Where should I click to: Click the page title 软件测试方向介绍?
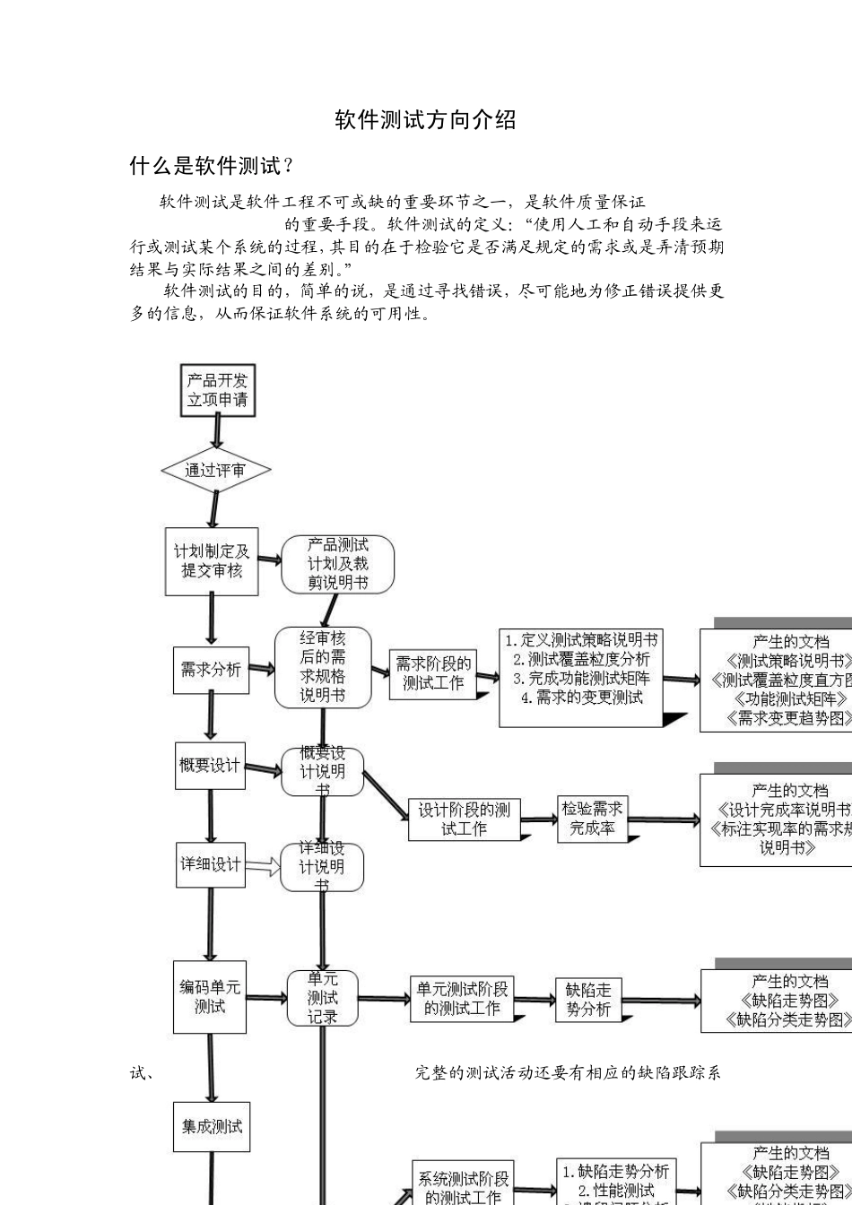pyautogui.click(x=425, y=120)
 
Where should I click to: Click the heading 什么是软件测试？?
pyautogui.click(x=212, y=166)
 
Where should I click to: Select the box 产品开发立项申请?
pyautogui.click(x=217, y=390)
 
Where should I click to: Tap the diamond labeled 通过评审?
pyautogui.click(x=215, y=470)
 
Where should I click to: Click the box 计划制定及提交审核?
pyautogui.click(x=212, y=561)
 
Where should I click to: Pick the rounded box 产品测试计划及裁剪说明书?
pyautogui.click(x=337, y=564)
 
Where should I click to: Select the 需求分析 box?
pyautogui.click(x=211, y=670)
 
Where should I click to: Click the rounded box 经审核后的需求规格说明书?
pyautogui.click(x=323, y=667)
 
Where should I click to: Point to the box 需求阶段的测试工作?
pyautogui.click(x=433, y=673)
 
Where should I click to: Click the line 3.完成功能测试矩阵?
pyautogui.click(x=581, y=679)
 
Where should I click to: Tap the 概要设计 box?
pyautogui.click(x=210, y=765)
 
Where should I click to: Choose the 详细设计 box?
pyautogui.click(x=211, y=864)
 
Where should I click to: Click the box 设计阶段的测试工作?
pyautogui.click(x=464, y=819)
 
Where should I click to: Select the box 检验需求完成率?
pyautogui.click(x=592, y=819)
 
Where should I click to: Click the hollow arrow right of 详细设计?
pyautogui.click(x=263, y=866)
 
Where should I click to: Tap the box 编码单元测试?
pyautogui.click(x=210, y=997)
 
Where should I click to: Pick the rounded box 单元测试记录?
pyautogui.click(x=323, y=998)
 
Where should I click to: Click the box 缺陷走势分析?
pyautogui.click(x=588, y=1000)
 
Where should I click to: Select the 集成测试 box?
pyautogui.click(x=212, y=1127)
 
